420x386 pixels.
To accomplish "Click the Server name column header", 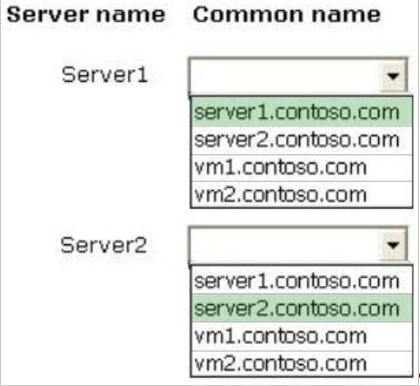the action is pos(86,15).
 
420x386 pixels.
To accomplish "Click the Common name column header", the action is pos(286,15).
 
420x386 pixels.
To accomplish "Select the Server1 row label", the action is pos(105,74).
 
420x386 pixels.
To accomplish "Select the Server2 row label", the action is pos(104,244).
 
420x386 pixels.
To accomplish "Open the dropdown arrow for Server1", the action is pos(393,75).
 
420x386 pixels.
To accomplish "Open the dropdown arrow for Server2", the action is pos(393,244).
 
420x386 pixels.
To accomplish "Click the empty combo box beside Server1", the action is pos(285,75).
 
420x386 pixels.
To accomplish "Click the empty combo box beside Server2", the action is pos(285,244).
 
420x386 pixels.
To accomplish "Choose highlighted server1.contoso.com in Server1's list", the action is pos(297,113).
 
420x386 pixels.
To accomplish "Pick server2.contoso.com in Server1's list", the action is pos(297,140).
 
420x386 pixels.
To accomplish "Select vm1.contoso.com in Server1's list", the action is pos(281,167).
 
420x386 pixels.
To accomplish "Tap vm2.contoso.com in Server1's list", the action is pos(281,194).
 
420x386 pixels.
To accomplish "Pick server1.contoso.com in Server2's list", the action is pos(297,282).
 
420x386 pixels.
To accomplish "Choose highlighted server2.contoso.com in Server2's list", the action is pos(297,309).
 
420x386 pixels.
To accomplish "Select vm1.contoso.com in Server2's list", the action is pos(281,336).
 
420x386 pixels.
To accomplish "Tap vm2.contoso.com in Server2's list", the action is pos(281,363).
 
